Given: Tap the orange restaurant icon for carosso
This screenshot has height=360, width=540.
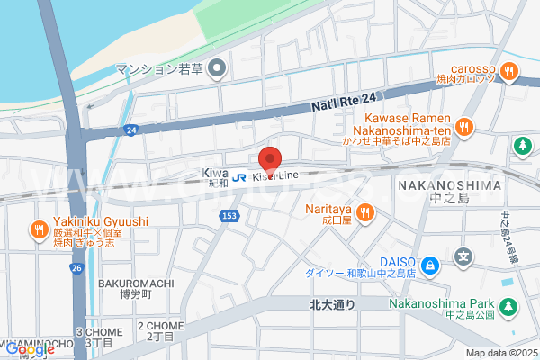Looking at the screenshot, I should point(509,69).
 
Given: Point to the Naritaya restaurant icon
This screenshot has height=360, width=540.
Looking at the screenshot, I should point(364,212).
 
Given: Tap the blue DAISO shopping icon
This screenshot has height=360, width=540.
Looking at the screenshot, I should point(431,265).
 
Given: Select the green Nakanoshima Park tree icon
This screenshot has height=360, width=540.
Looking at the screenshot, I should point(509,308).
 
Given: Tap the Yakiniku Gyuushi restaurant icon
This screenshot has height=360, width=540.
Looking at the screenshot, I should point(39,229).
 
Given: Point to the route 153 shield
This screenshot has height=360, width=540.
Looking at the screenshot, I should point(230,216).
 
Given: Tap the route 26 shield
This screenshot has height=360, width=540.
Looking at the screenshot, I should point(76,268).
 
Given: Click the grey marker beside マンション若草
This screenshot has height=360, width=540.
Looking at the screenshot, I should point(216,68).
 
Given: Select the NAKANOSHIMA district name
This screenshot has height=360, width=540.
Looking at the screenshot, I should point(448,185).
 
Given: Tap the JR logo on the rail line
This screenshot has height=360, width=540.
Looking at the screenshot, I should point(239,176).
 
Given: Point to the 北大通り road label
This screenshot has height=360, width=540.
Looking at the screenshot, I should point(331,304).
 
